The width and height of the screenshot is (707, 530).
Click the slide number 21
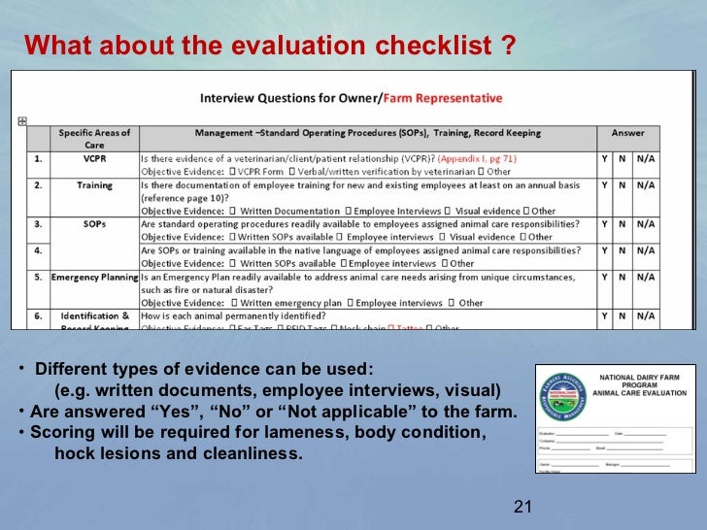pos(523,507)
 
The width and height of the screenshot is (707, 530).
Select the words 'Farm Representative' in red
pos(443,98)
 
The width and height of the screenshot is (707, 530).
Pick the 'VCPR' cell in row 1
pos(94,157)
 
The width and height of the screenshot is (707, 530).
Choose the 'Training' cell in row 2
pos(94,185)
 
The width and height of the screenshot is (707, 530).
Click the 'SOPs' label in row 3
pos(94,223)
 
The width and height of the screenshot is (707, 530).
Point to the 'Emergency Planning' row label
pos(94,277)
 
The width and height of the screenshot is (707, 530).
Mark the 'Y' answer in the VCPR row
pos(604,157)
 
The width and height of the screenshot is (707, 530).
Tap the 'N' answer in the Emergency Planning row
pos(623,277)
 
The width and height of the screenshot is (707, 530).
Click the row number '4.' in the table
pos(36,249)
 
